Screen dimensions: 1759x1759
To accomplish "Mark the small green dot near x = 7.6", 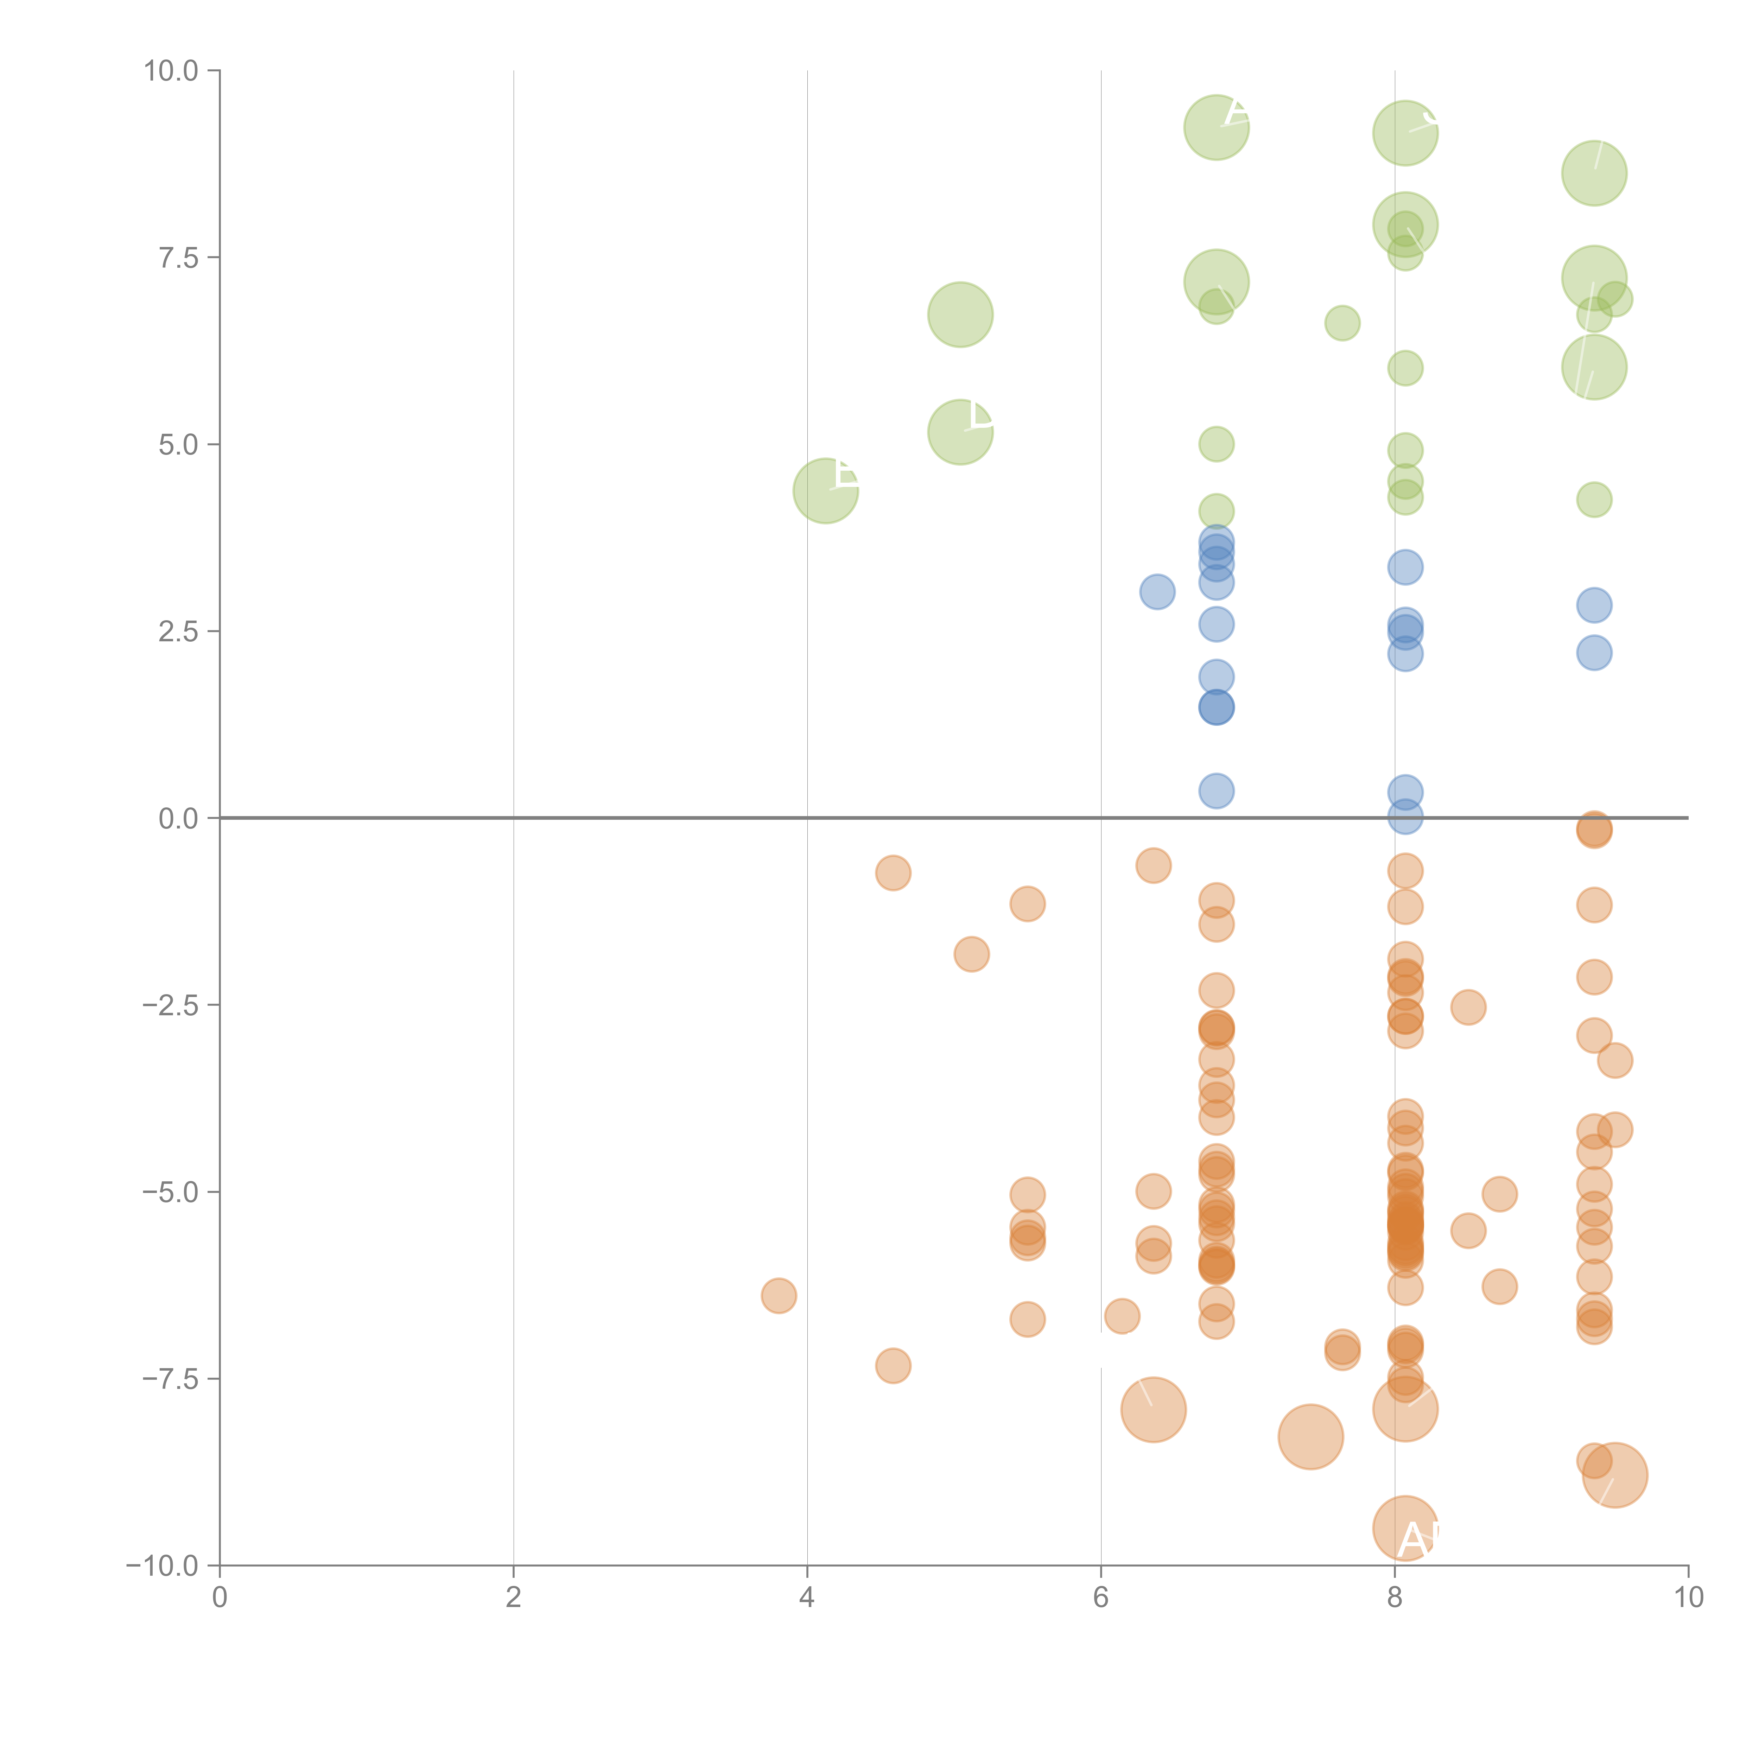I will pyautogui.click(x=1342, y=323).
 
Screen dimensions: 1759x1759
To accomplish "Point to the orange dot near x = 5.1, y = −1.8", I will pyautogui.click(x=971, y=954).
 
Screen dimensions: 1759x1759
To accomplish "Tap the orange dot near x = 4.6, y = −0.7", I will pyautogui.click(x=893, y=873).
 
